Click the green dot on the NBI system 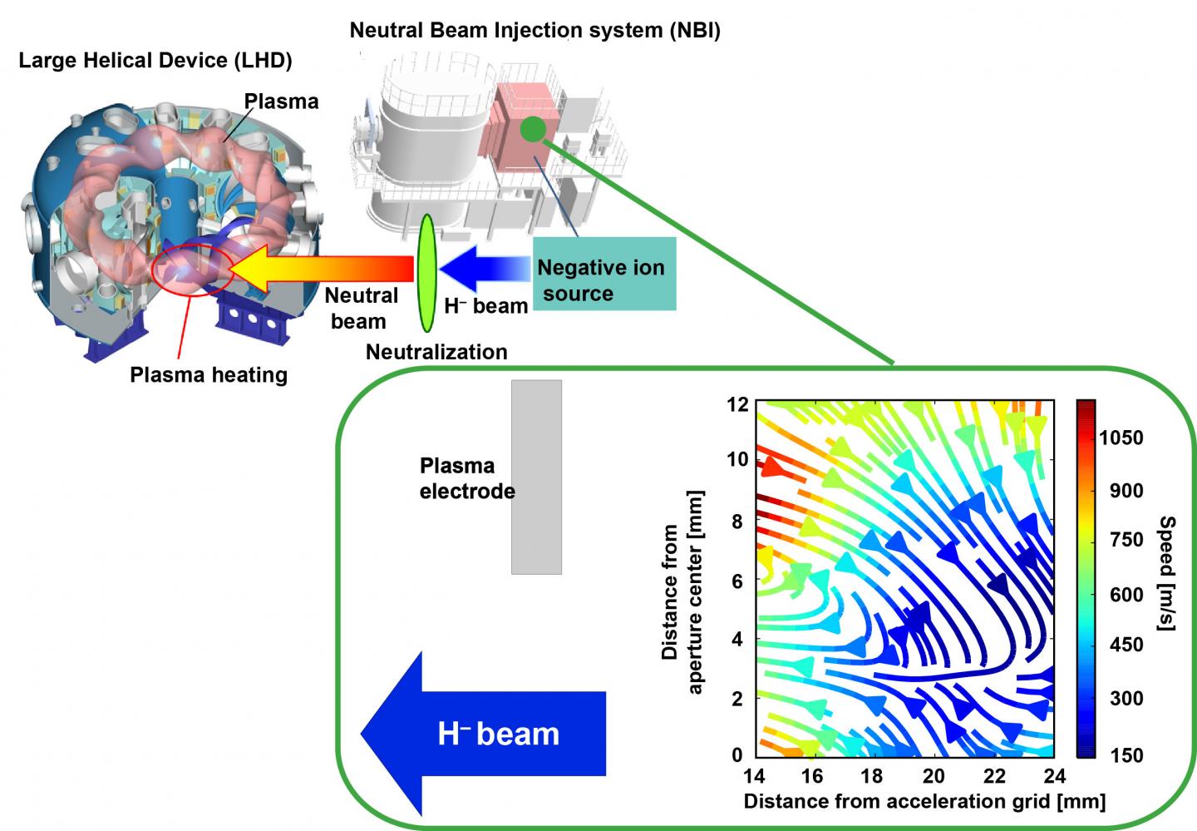[533, 129]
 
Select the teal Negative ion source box [604, 274]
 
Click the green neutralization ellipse [426, 273]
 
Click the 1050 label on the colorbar [1126, 438]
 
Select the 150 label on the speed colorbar [1126, 755]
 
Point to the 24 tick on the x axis [1053, 775]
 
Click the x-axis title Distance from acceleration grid [924, 802]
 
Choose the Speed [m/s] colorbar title [1166, 573]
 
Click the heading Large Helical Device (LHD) [155, 61]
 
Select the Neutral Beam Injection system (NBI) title [534, 31]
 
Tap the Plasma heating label [209, 375]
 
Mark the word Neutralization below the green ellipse [436, 352]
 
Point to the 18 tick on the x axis [872, 775]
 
